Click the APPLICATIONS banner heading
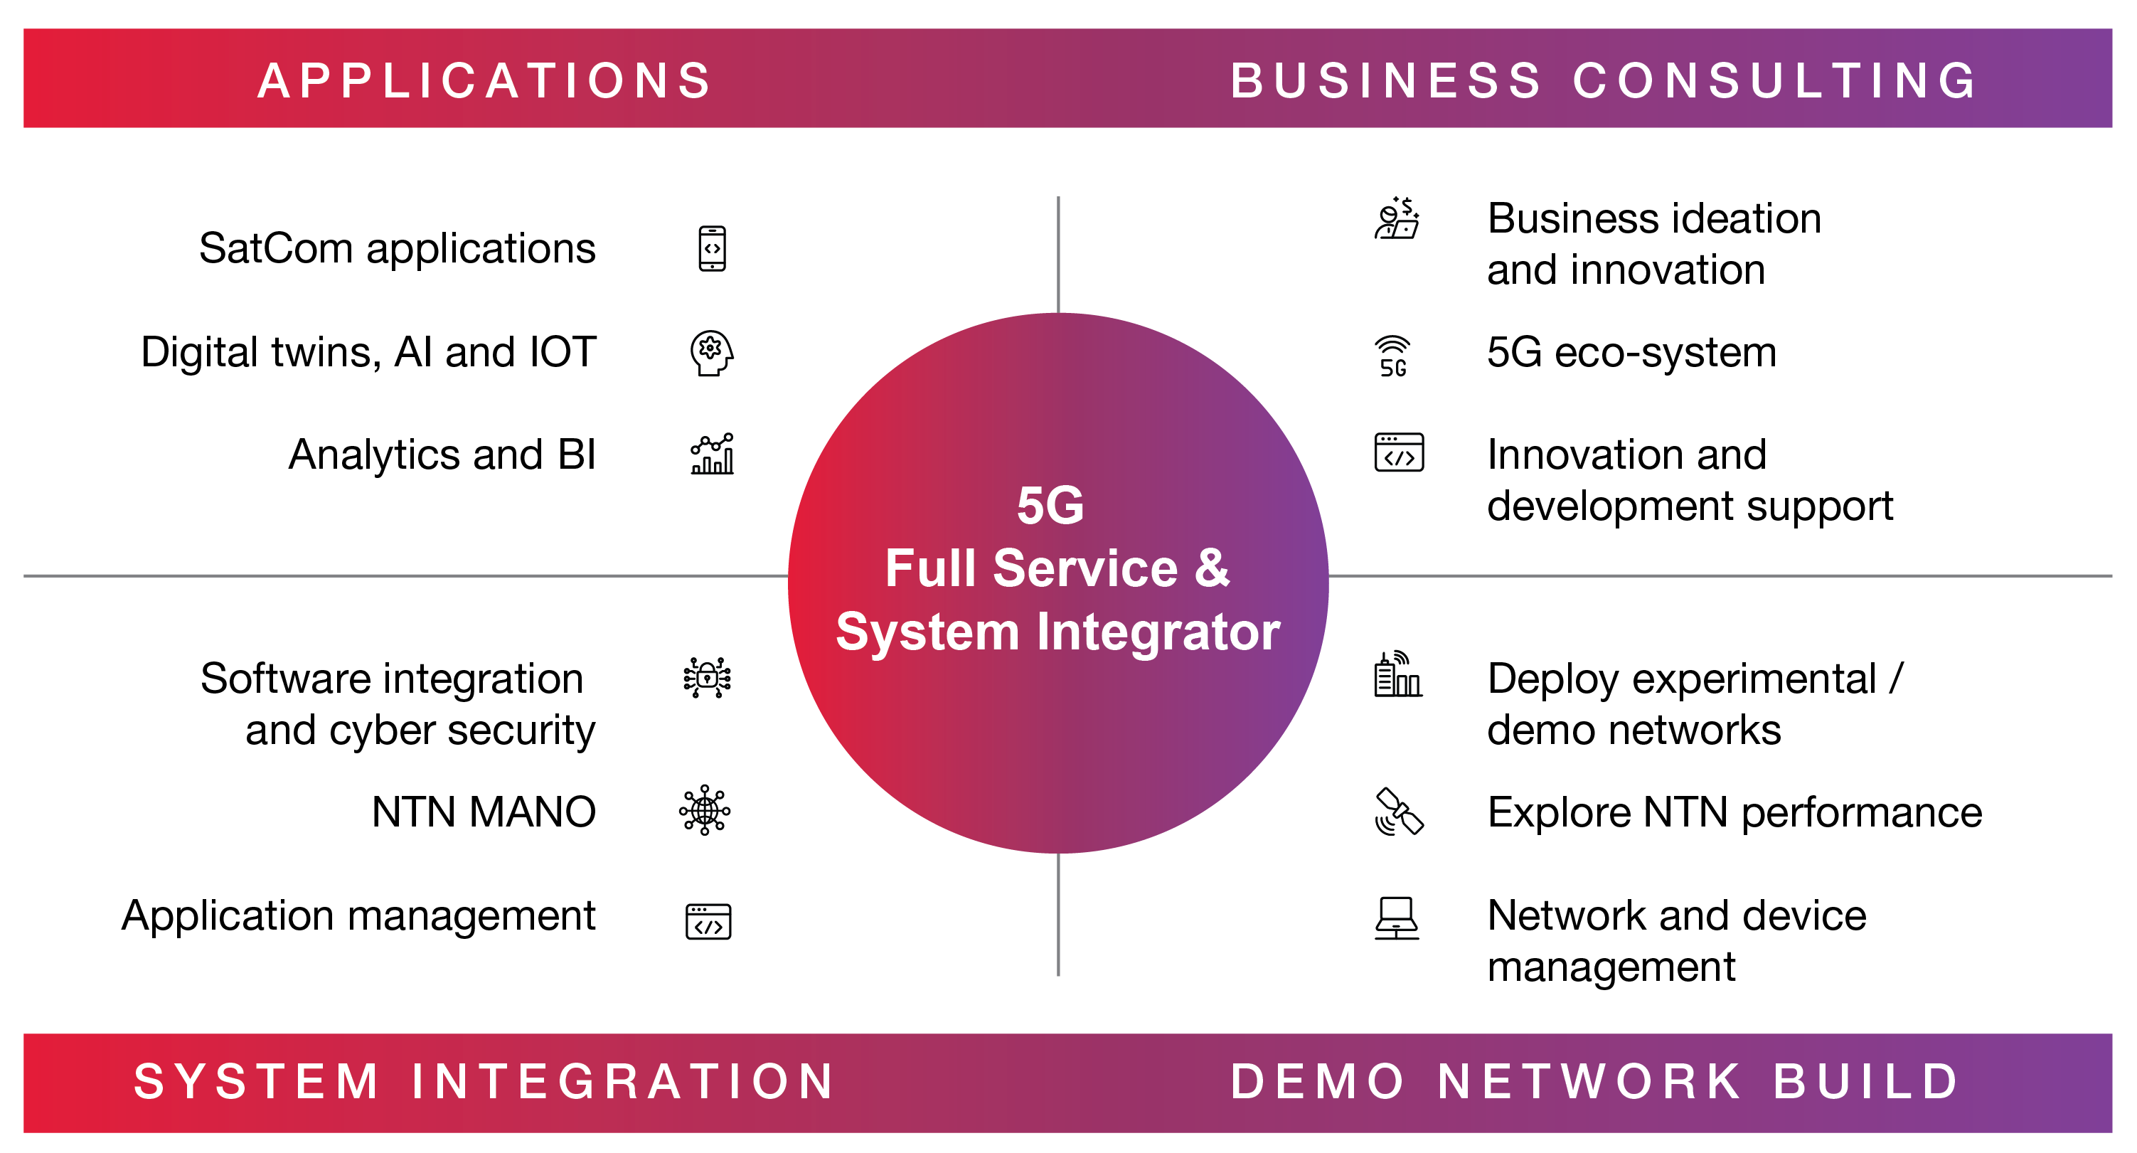pos(485,80)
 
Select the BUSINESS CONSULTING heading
pos(1604,80)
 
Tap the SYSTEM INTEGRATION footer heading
pos(485,1082)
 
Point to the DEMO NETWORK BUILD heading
pos(1594,1082)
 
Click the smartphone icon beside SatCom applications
pos(712,249)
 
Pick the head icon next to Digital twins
pos(712,354)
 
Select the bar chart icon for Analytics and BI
pos(712,454)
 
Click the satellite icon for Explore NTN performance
pos(1399,812)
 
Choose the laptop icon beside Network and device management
pos(1397,918)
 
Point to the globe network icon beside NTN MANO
pos(705,810)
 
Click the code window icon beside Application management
pos(708,922)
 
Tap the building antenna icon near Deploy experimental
pos(1398,674)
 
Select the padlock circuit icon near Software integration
pos(707,678)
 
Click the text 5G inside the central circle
pos(1050,505)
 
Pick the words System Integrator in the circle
pos(1057,632)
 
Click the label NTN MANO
pos(484,812)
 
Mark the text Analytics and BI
pos(442,455)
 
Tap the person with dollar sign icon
pos(1397,219)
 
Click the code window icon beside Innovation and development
pos(1399,453)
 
